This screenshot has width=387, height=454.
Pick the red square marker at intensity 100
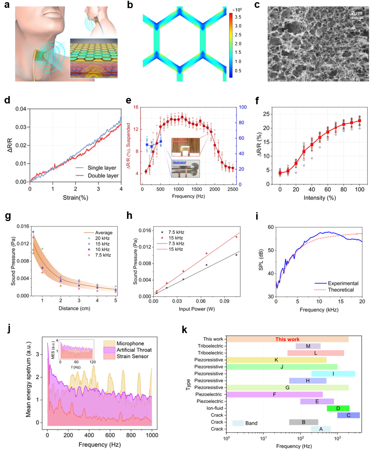click(x=359, y=121)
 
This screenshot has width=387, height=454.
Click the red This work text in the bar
click(x=287, y=339)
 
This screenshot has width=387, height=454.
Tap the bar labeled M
click(x=308, y=346)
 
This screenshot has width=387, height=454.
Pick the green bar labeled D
click(x=338, y=408)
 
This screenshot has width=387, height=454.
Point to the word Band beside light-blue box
click(x=251, y=423)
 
